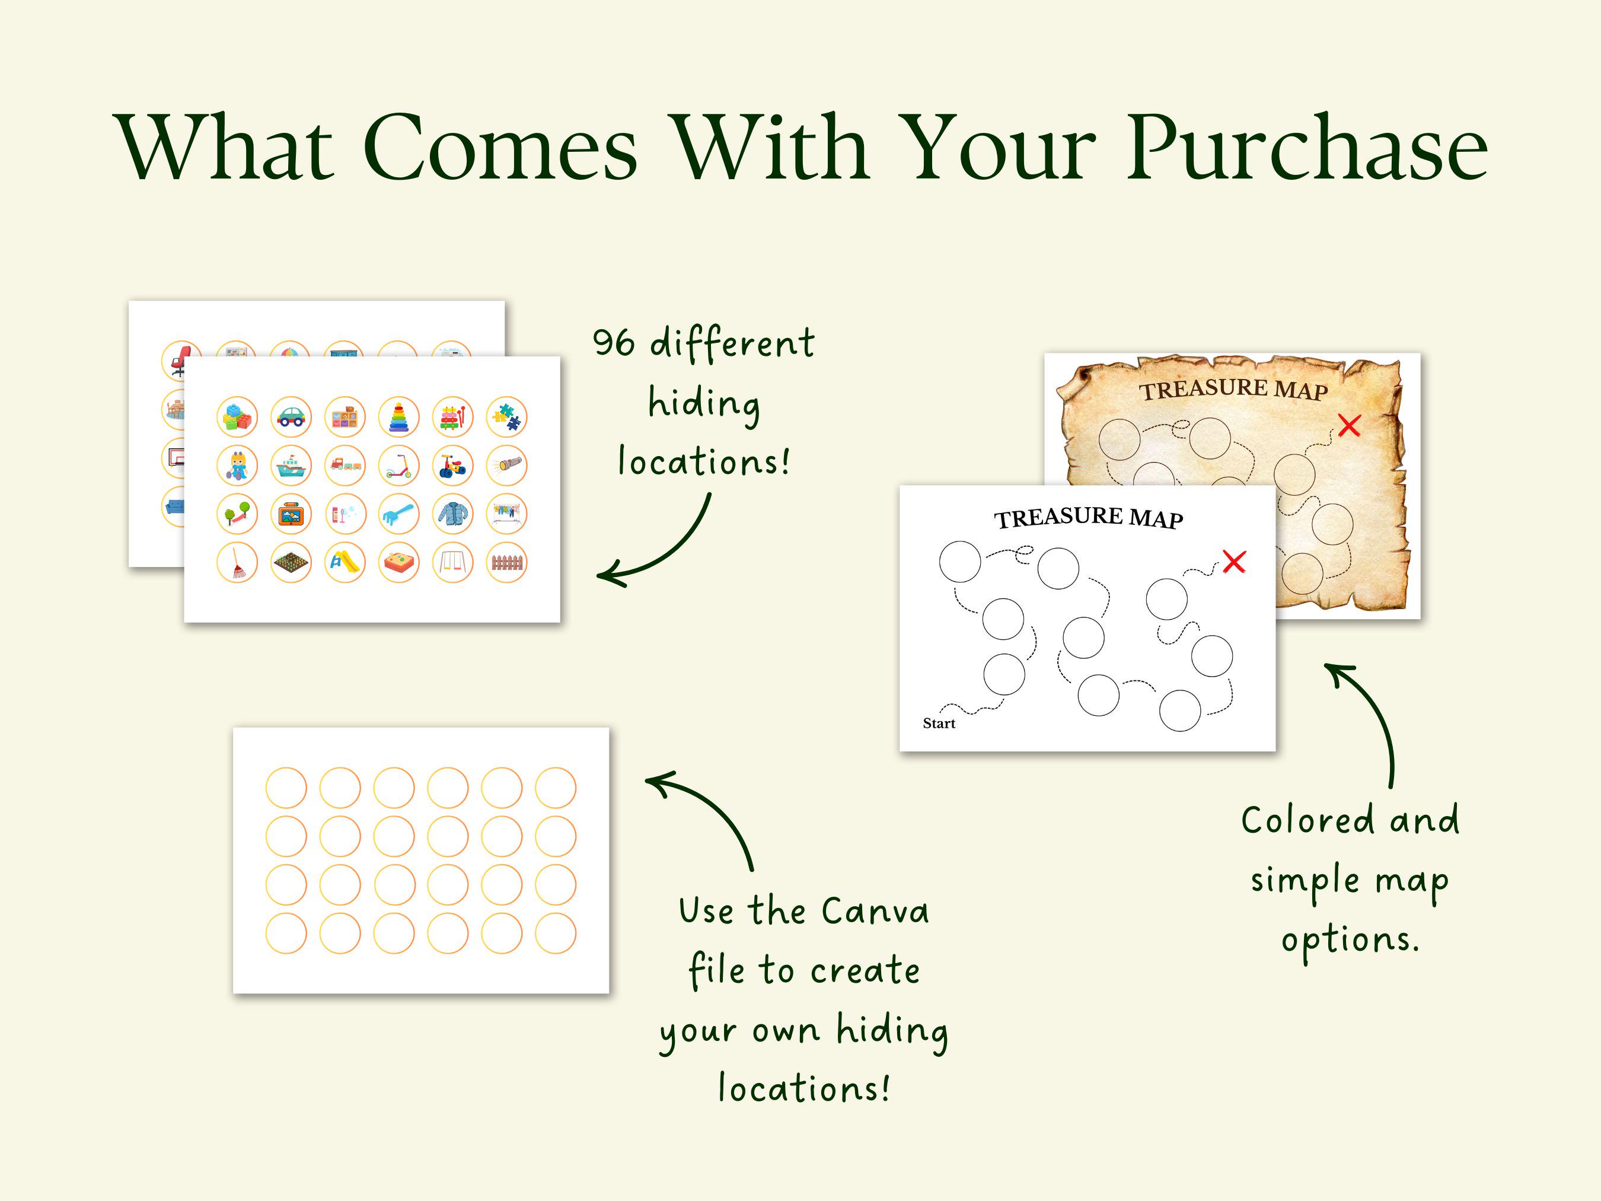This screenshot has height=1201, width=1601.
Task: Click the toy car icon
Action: pyautogui.click(x=291, y=417)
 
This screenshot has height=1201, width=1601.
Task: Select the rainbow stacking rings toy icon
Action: pyautogui.click(x=399, y=417)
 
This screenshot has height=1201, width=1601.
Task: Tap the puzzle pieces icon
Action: pyautogui.click(x=506, y=417)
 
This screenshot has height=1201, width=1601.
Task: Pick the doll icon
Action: pyautogui.click(x=237, y=466)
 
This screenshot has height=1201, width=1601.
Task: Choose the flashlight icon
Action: pyautogui.click(x=506, y=466)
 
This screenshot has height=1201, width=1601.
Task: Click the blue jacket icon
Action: pyautogui.click(x=453, y=514)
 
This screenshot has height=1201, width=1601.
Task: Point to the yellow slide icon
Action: pyautogui.click(x=345, y=562)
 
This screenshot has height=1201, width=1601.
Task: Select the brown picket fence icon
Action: pyautogui.click(x=506, y=562)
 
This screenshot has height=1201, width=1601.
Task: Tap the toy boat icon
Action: pyautogui.click(x=291, y=466)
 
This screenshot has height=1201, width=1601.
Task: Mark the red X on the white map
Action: pyautogui.click(x=1234, y=562)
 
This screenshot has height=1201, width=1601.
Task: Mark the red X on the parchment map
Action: pyautogui.click(x=1349, y=426)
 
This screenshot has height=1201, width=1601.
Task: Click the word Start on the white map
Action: pyautogui.click(x=939, y=723)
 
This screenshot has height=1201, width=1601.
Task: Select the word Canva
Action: pyautogui.click(x=875, y=911)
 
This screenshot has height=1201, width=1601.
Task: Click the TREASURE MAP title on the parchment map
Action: pyautogui.click(x=1233, y=390)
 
